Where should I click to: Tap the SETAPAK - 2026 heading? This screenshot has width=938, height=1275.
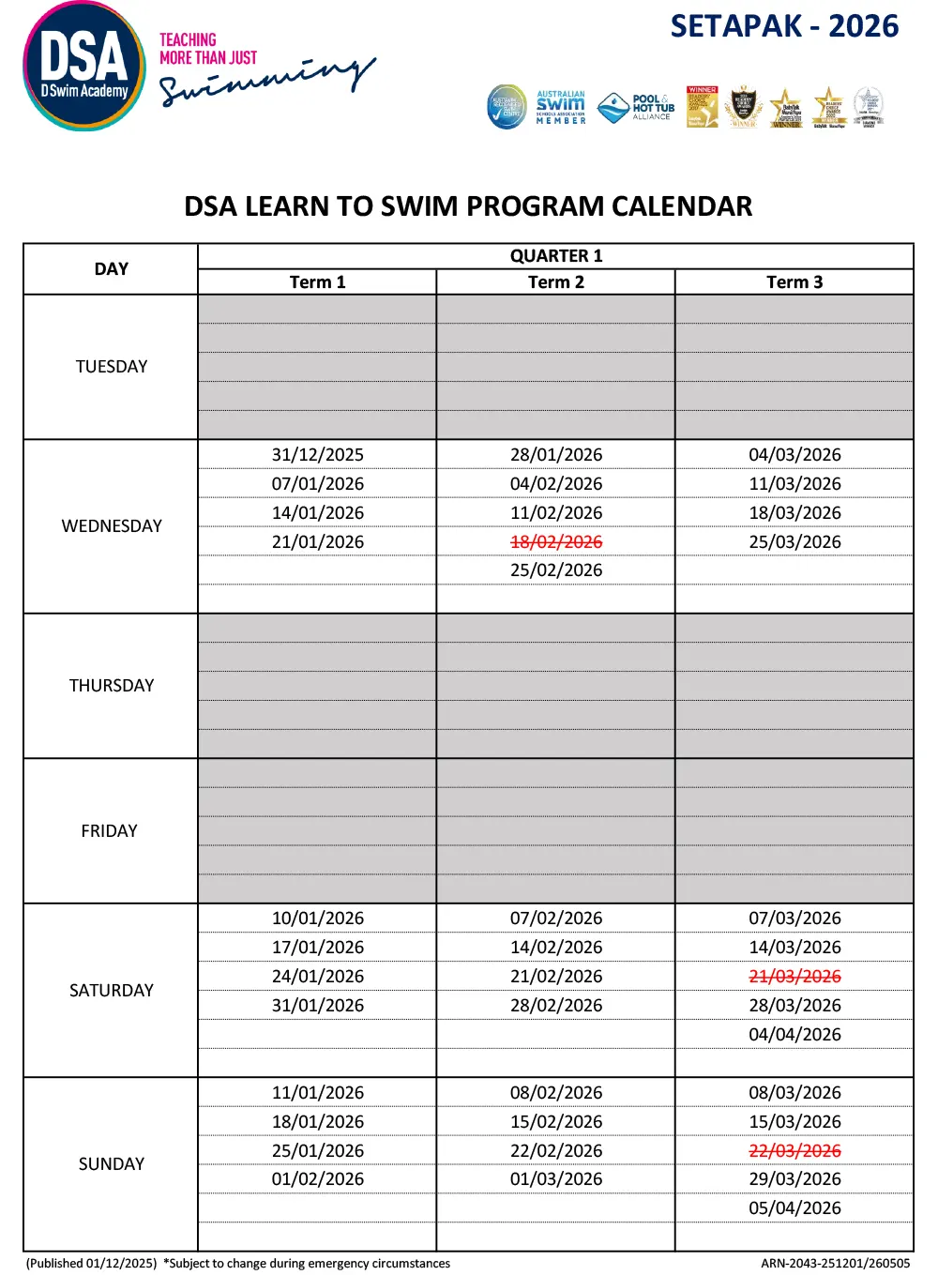(x=784, y=26)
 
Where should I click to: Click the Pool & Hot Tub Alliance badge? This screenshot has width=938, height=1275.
(x=636, y=108)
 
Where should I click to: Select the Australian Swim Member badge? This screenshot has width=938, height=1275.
(x=560, y=107)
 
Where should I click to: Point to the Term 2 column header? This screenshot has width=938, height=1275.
(x=555, y=282)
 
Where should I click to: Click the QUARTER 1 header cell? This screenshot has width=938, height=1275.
(x=555, y=256)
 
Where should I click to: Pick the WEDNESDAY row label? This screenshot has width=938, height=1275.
(x=112, y=526)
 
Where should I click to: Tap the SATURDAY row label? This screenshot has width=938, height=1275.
(x=112, y=991)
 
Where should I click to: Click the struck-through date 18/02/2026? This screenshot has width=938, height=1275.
(x=556, y=542)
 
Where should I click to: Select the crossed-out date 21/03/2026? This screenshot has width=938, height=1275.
(x=794, y=977)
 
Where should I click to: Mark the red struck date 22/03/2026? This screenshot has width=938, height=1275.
(x=794, y=1151)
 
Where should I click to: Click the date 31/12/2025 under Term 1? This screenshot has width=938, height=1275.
(x=318, y=455)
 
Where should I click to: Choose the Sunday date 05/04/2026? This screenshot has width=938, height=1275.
(x=794, y=1208)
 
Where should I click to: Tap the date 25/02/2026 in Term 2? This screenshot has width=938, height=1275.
(x=556, y=570)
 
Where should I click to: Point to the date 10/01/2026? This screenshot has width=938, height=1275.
(x=318, y=918)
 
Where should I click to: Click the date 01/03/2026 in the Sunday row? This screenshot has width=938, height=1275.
(x=556, y=1179)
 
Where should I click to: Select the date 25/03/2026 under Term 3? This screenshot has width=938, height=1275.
(x=794, y=542)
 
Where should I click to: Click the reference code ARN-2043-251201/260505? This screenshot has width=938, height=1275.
(x=835, y=1264)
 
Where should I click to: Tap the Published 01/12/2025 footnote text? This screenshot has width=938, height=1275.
(x=91, y=1264)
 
